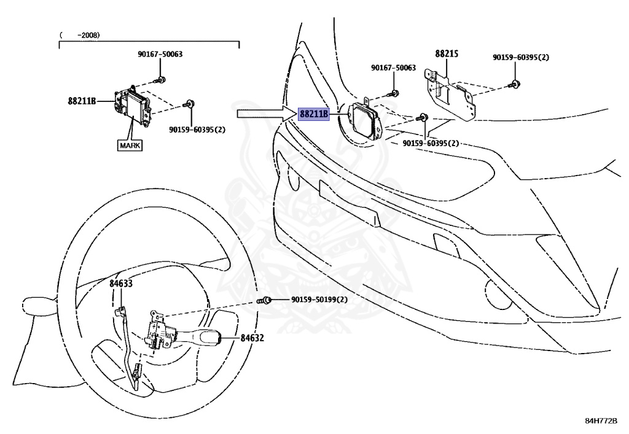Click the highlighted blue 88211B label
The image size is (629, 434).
click(x=314, y=114)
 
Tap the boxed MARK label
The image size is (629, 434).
click(x=130, y=145)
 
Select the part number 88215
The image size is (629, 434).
click(x=447, y=54)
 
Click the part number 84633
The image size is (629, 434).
click(x=121, y=284)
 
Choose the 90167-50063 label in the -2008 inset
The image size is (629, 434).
click(x=160, y=54)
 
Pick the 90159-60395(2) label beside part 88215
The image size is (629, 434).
click(x=521, y=57)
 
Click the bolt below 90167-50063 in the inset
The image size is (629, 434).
click(x=161, y=79)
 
